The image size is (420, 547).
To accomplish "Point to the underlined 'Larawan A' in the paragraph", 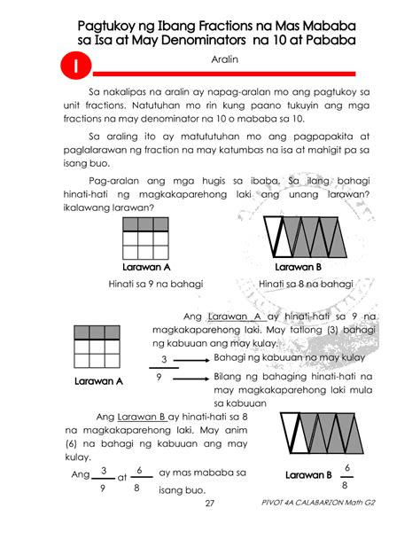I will [x=233, y=315].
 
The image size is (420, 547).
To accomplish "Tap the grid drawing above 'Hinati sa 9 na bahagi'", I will [x=145, y=238].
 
